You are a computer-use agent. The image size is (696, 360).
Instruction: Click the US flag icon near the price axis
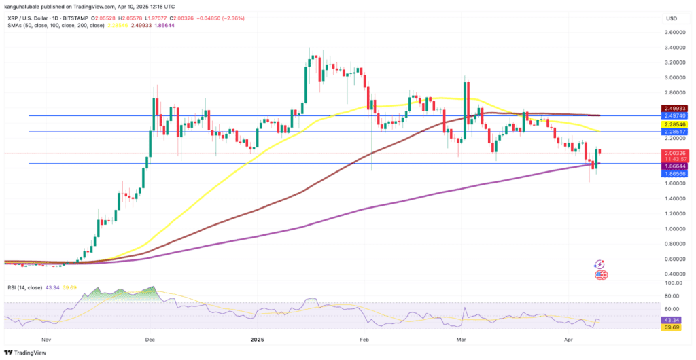click(601, 275)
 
